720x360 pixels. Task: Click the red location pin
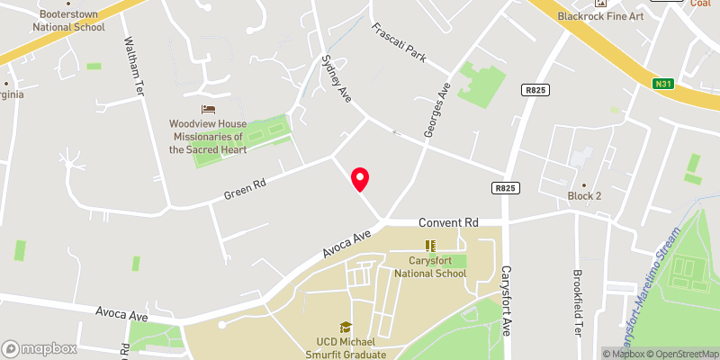tap(360, 178)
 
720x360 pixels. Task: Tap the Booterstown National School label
tap(68, 21)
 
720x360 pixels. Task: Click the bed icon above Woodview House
tap(208, 108)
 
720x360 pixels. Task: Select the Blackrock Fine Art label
tap(600, 16)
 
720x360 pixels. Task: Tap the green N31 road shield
tap(664, 84)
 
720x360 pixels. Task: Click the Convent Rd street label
tap(447, 221)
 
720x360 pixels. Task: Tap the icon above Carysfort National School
tap(430, 245)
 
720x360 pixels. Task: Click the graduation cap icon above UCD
tap(345, 328)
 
